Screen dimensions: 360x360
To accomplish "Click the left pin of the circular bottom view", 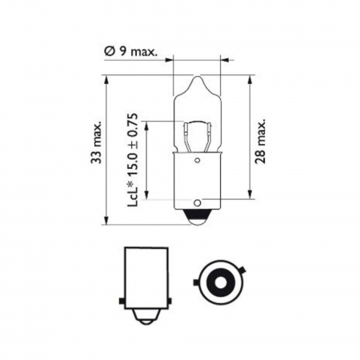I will tap(195, 283).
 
